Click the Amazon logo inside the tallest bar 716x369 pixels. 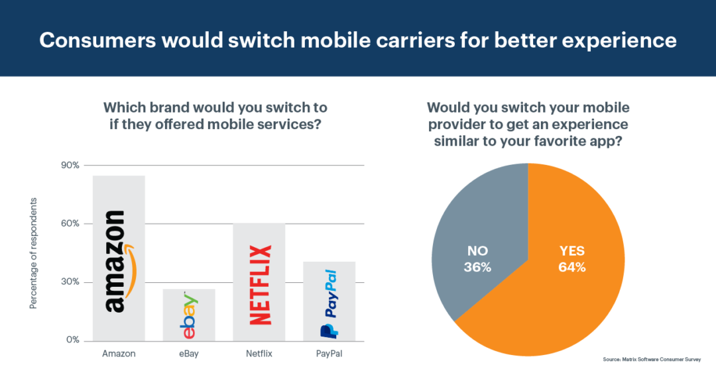117,261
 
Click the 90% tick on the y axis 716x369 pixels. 70,166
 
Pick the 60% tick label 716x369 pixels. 70,224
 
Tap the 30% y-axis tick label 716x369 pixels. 70,282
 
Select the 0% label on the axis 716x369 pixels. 72,341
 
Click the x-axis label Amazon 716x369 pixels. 119,354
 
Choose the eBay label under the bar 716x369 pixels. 189,354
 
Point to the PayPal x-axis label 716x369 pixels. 329,354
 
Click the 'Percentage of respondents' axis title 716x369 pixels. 33,253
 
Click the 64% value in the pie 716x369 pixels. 571,268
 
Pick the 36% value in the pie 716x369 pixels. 477,268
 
